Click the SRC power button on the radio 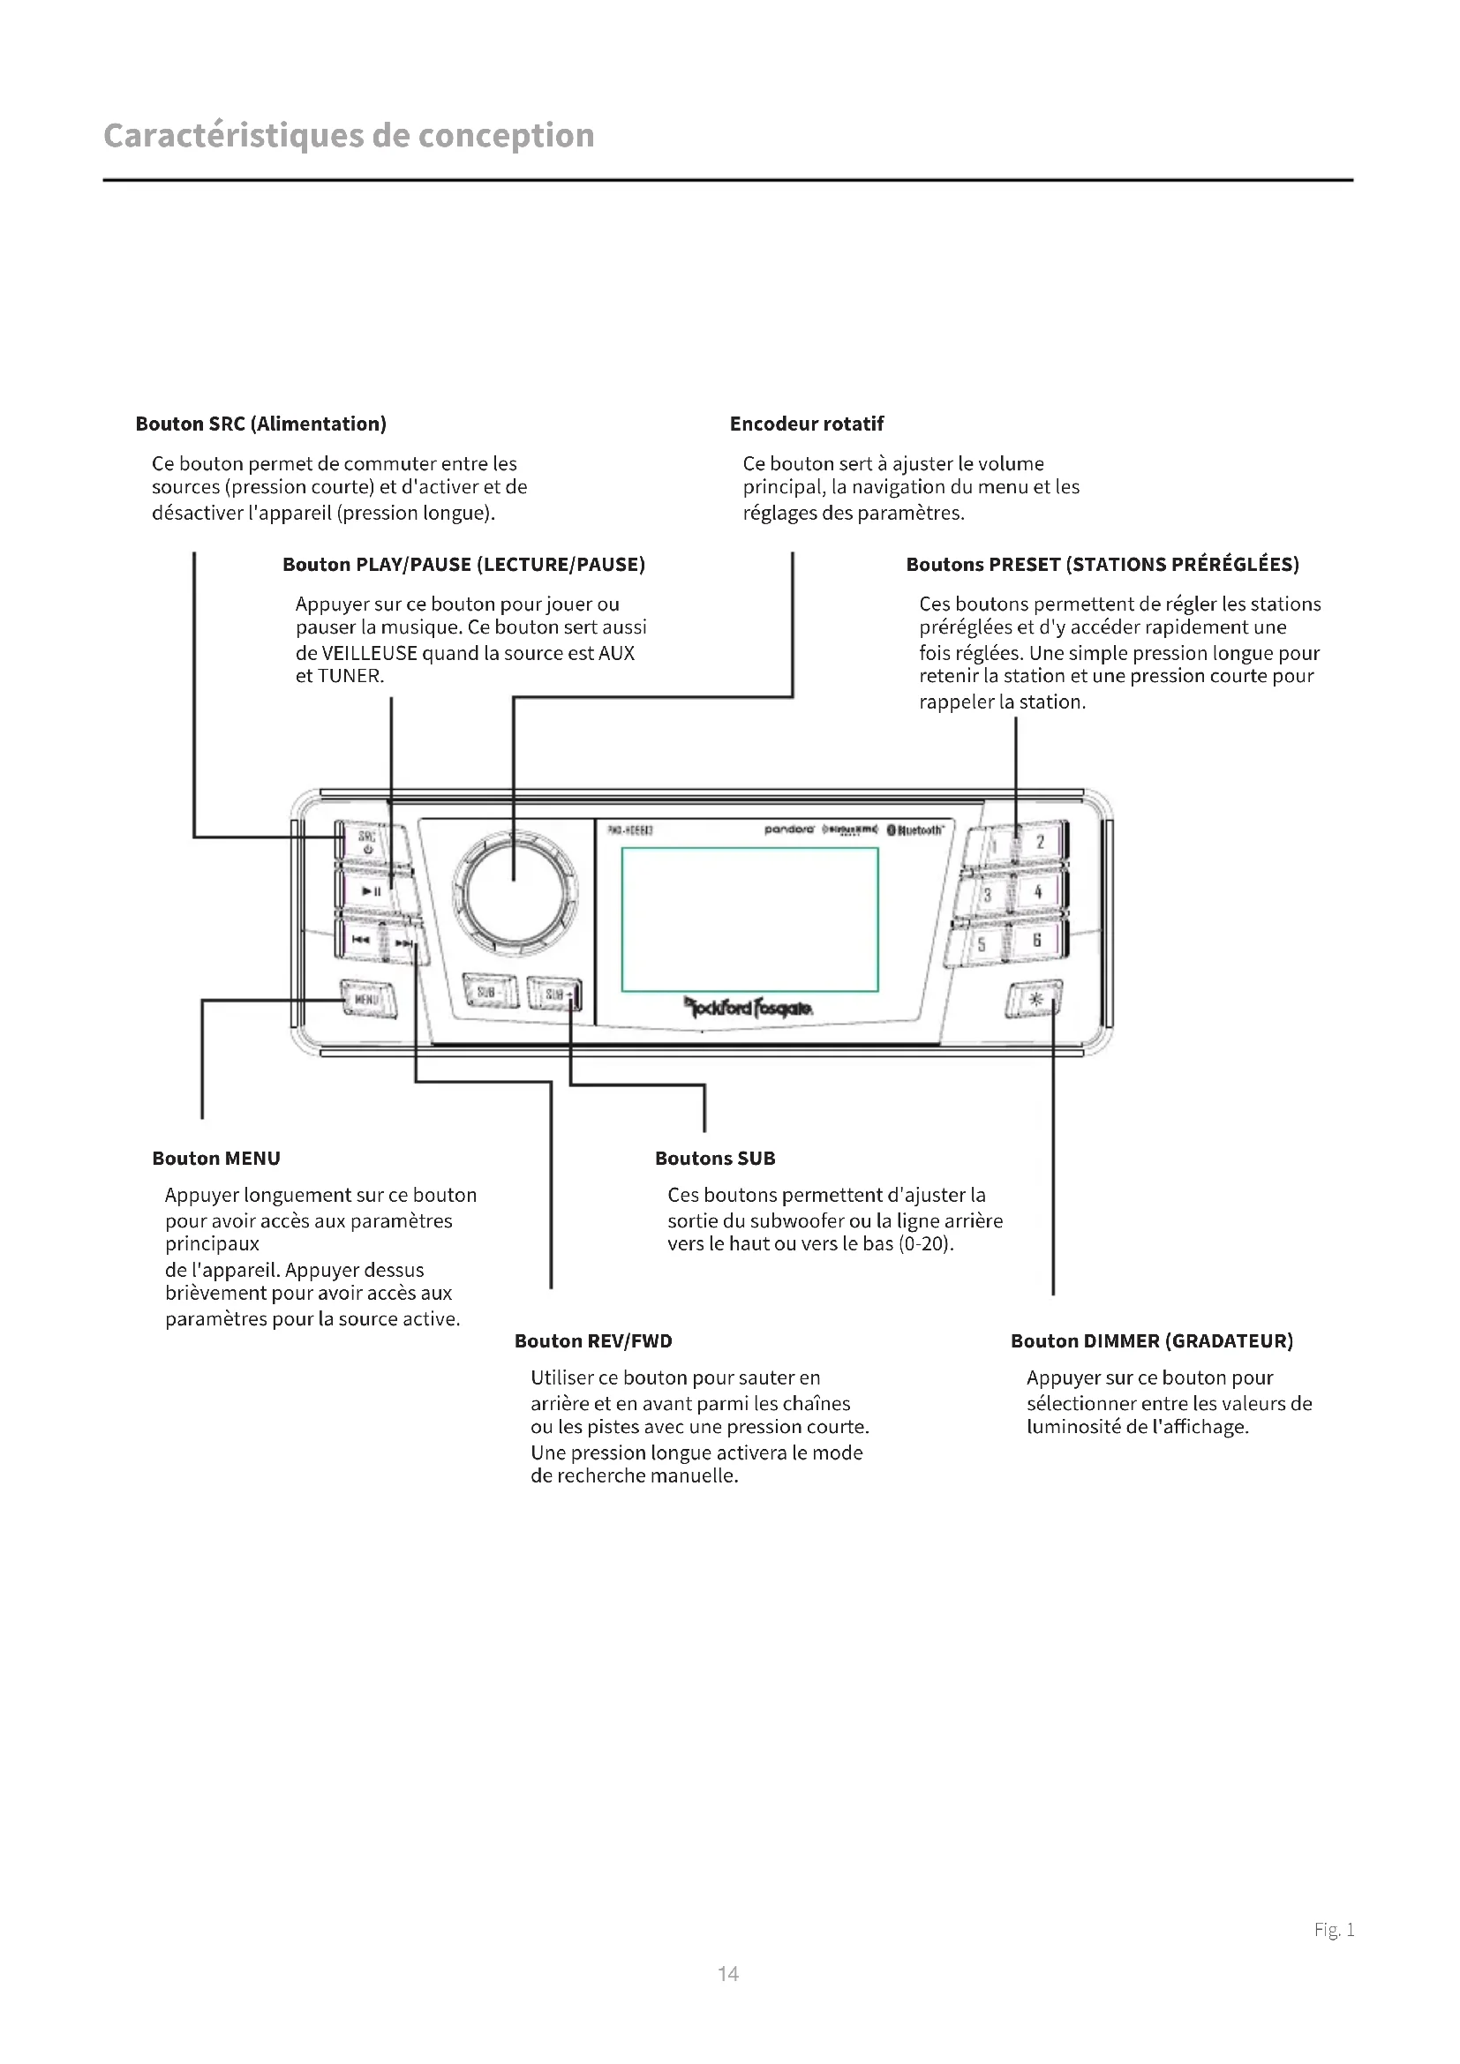coord(367,842)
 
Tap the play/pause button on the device coord(371,891)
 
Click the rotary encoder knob coord(515,892)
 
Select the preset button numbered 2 coord(1040,843)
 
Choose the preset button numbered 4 coord(1037,892)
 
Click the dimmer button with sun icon coord(1035,999)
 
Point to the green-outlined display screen coord(749,919)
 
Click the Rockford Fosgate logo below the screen coord(749,1008)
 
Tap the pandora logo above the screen coord(788,829)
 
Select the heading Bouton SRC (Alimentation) coord(260,424)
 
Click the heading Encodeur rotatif coord(807,424)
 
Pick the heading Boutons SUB coord(715,1158)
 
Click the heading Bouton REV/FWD coord(593,1340)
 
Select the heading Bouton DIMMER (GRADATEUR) coord(1152,1340)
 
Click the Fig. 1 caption coord(1334,1929)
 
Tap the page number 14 coord(728,1973)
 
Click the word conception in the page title coord(506,136)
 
